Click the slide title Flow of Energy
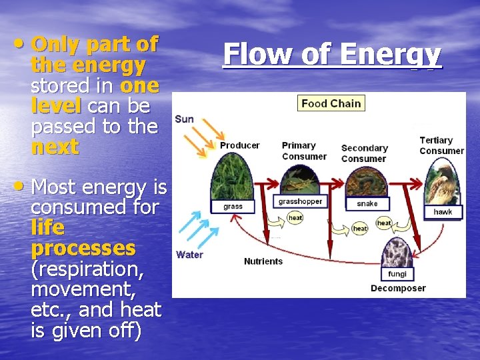click(x=332, y=55)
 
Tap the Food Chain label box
click(x=331, y=103)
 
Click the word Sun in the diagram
click(x=185, y=119)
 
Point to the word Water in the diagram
click(x=189, y=254)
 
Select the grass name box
click(x=233, y=206)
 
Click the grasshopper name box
click(x=300, y=201)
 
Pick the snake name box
click(x=367, y=203)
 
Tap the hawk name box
click(x=443, y=212)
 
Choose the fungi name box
click(x=397, y=274)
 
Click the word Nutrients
click(x=263, y=261)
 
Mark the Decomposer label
click(x=398, y=289)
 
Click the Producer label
click(x=240, y=145)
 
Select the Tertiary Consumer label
click(x=441, y=145)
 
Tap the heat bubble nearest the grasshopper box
click(x=295, y=217)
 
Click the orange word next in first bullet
click(x=55, y=147)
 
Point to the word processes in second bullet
click(x=83, y=249)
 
